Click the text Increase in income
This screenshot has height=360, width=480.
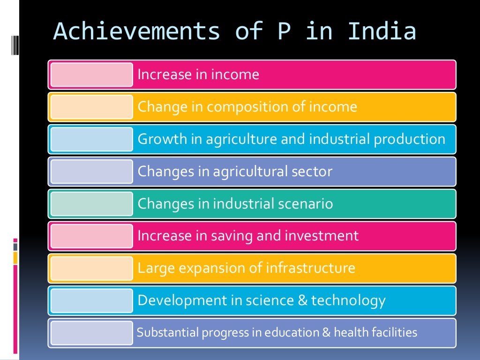(x=198, y=75)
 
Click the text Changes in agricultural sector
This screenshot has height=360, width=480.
(x=235, y=171)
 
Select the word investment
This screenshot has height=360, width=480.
(x=325, y=236)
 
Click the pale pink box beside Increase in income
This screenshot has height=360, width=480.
(x=91, y=75)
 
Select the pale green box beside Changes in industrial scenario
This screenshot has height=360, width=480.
(x=91, y=204)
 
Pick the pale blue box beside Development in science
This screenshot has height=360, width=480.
(x=91, y=300)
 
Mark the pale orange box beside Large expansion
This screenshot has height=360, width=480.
(x=91, y=268)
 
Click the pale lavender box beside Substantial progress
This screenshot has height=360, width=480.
(x=91, y=333)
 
